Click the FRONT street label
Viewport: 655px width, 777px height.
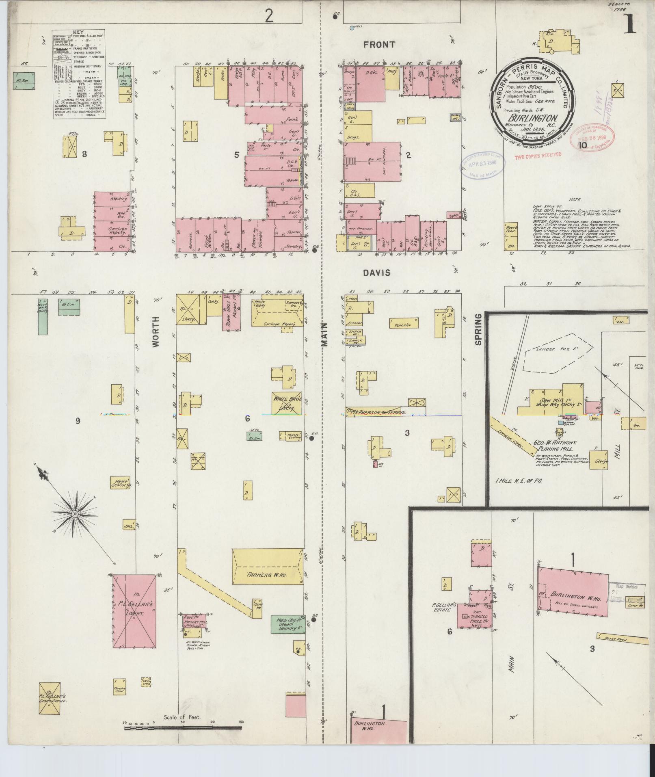pyautogui.click(x=379, y=45)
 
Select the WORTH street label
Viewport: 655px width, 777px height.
pyautogui.click(x=156, y=332)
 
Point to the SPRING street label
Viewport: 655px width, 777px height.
pyautogui.click(x=478, y=329)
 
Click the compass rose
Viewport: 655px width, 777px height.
pyautogui.click(x=75, y=515)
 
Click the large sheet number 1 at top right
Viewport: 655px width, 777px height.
pyautogui.click(x=629, y=24)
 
